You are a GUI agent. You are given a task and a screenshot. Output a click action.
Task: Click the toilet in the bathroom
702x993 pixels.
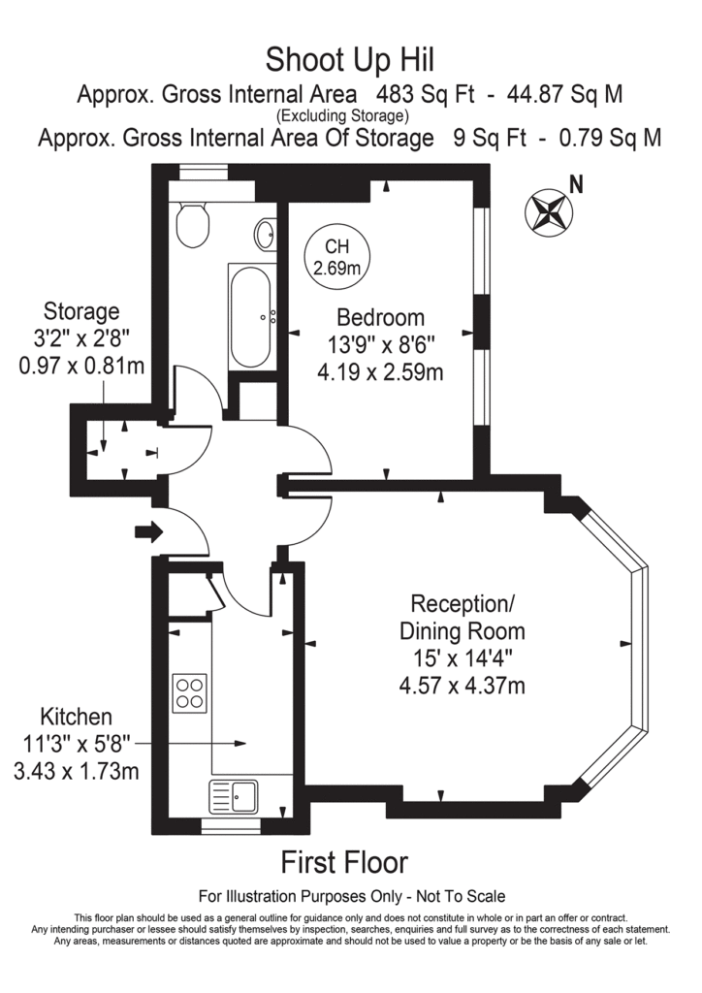(194, 225)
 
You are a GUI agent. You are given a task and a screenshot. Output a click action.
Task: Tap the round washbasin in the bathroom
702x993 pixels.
(265, 234)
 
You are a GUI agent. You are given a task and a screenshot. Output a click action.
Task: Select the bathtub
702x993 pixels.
(253, 315)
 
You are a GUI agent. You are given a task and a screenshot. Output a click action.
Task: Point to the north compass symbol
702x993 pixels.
(547, 210)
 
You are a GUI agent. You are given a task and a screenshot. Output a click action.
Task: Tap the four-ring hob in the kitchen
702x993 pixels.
(189, 691)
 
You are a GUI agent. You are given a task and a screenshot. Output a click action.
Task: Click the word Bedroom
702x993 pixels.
(380, 317)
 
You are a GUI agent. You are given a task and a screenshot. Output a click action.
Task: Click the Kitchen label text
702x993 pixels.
(76, 718)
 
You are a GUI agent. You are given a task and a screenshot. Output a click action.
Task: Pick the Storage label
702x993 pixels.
(81, 312)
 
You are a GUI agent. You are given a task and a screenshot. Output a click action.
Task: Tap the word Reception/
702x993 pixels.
(463, 604)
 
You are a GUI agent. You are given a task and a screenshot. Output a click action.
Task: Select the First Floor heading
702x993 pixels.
(344, 861)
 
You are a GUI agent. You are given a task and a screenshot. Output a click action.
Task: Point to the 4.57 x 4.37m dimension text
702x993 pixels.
(463, 687)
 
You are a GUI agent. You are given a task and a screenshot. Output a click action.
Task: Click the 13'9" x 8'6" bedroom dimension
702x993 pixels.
(380, 344)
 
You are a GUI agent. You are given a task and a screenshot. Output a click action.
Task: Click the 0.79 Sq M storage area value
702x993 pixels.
(611, 138)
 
